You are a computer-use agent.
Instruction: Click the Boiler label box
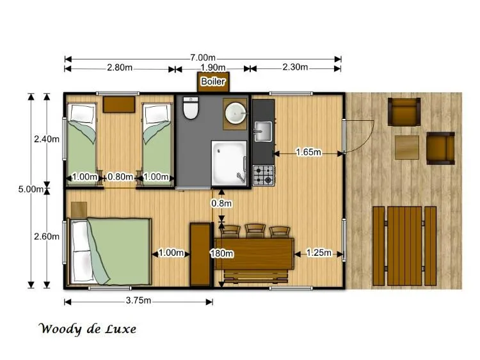[x=212, y=82]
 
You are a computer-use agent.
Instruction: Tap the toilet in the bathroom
[x=191, y=109]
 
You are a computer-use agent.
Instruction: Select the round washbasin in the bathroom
[x=236, y=112]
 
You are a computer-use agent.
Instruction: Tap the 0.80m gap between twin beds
[x=120, y=177]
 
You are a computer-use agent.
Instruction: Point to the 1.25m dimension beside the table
[x=318, y=253]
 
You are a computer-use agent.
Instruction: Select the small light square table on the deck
[x=406, y=147]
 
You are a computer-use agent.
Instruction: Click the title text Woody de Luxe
[x=87, y=329]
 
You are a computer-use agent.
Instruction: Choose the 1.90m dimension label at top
[x=212, y=68]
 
